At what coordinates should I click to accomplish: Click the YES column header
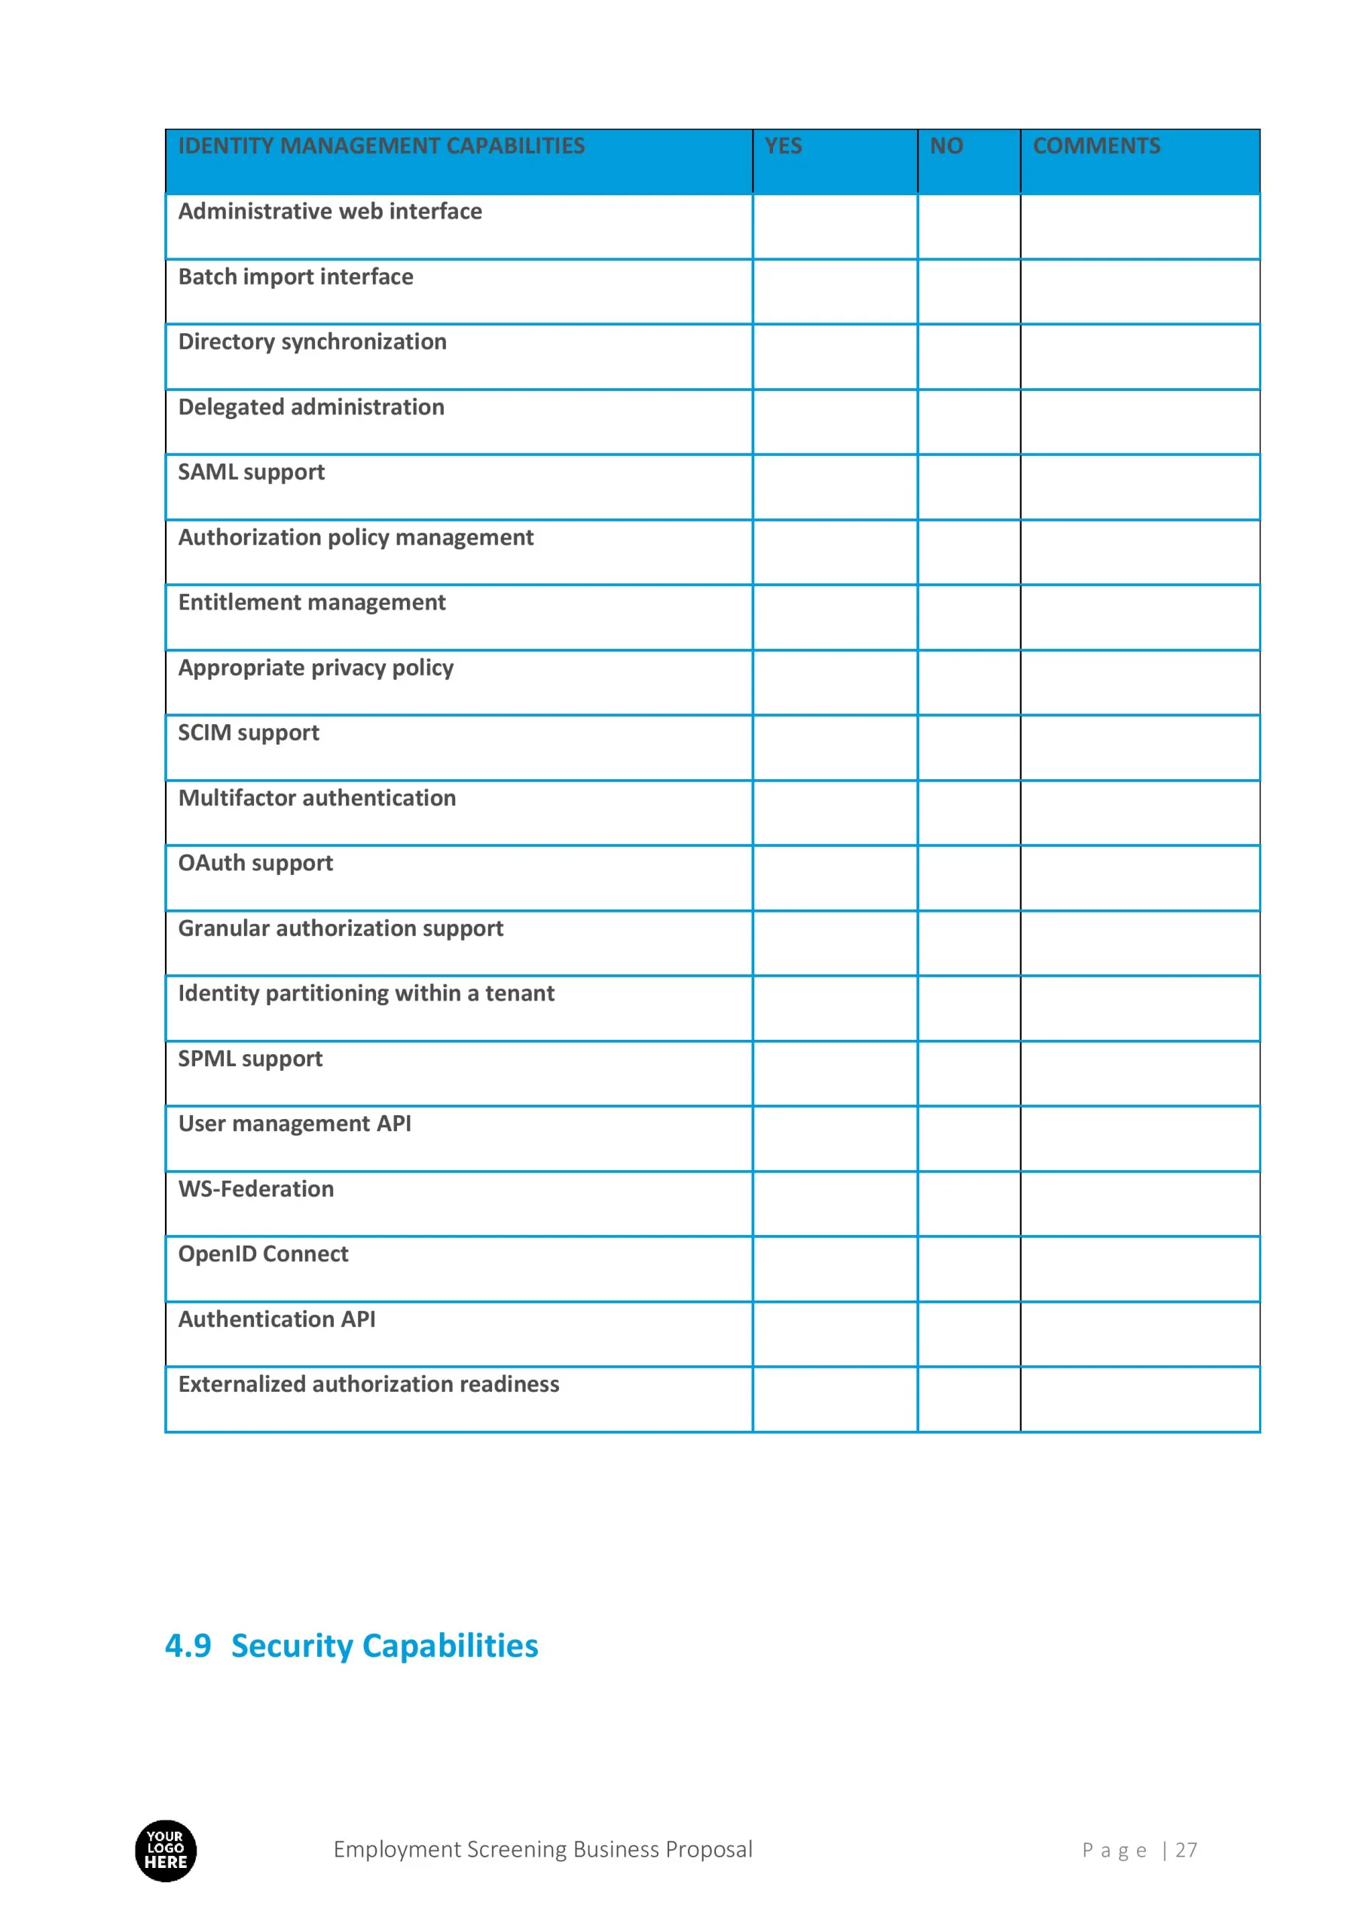782,146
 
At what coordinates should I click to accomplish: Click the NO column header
946,146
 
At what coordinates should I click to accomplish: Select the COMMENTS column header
1096,146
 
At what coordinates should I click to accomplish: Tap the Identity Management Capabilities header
380,146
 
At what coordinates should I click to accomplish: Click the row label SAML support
250,472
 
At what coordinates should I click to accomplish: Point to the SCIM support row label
248,732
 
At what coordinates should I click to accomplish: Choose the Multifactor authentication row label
316,798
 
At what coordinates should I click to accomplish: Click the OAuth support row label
255,863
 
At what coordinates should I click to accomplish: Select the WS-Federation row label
255,1189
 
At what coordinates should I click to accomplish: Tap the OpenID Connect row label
263,1254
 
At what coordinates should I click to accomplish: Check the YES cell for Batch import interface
834,292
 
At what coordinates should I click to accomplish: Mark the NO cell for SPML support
968,1074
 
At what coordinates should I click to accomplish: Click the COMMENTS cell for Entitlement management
1139,618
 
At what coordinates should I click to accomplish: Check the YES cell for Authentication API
834,1334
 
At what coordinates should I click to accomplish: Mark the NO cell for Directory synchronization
968,357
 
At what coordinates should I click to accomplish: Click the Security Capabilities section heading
384,1646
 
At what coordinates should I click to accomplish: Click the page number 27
1186,1850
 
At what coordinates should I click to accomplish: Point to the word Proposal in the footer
708,1850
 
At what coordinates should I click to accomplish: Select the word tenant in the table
519,994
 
